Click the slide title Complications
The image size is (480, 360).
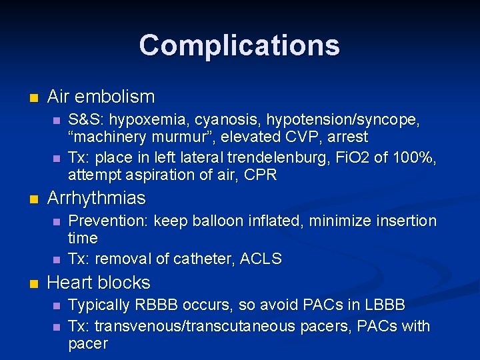tap(239, 45)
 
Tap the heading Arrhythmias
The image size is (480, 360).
tap(97, 198)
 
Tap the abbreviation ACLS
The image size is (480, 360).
tap(260, 259)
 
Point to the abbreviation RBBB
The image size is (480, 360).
tap(156, 305)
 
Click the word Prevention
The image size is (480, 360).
tap(109, 221)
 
